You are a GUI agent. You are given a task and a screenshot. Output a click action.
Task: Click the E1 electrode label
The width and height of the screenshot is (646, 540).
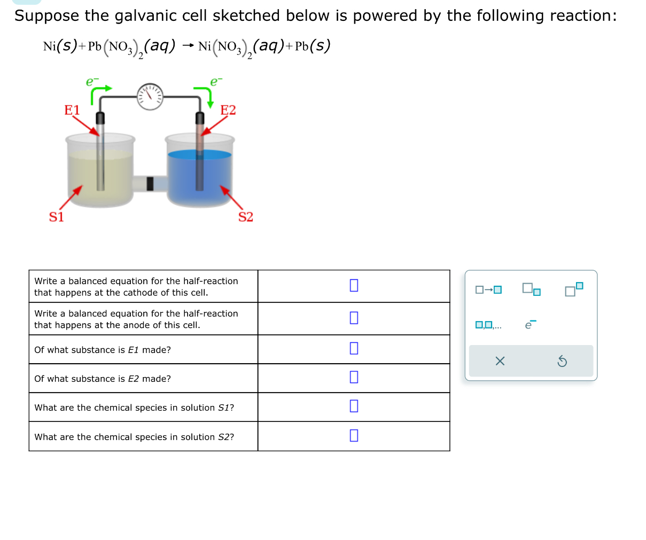[x=72, y=110]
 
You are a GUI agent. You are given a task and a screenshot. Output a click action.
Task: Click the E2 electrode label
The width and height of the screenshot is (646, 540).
[x=228, y=110]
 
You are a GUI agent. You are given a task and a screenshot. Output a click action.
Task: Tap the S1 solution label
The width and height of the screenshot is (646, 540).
[x=57, y=217]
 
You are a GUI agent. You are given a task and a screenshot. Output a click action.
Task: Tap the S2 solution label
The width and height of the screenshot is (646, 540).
[x=246, y=217]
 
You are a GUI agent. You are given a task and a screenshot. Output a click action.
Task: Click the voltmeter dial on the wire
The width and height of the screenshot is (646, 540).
[x=150, y=96]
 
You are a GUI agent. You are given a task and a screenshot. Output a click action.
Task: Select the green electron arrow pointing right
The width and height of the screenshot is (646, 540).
[x=100, y=92]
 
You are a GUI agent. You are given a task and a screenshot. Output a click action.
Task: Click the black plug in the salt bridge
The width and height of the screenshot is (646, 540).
[x=150, y=184]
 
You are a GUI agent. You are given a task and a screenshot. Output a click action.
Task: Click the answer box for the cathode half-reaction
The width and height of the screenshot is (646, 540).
[x=354, y=285]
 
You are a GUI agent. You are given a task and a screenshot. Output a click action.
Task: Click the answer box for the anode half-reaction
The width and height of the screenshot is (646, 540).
[x=354, y=318]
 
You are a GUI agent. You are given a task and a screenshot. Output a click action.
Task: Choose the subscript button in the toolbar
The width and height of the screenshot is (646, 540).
[x=531, y=289]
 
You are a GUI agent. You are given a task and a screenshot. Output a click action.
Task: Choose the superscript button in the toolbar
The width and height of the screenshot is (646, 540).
[x=574, y=289]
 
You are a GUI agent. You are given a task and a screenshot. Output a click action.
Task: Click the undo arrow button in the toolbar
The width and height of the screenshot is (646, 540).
[x=562, y=362]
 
